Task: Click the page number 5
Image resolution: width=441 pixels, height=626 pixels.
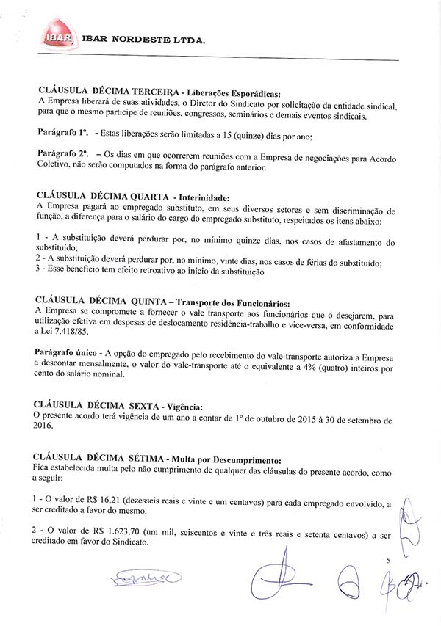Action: (x=387, y=560)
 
